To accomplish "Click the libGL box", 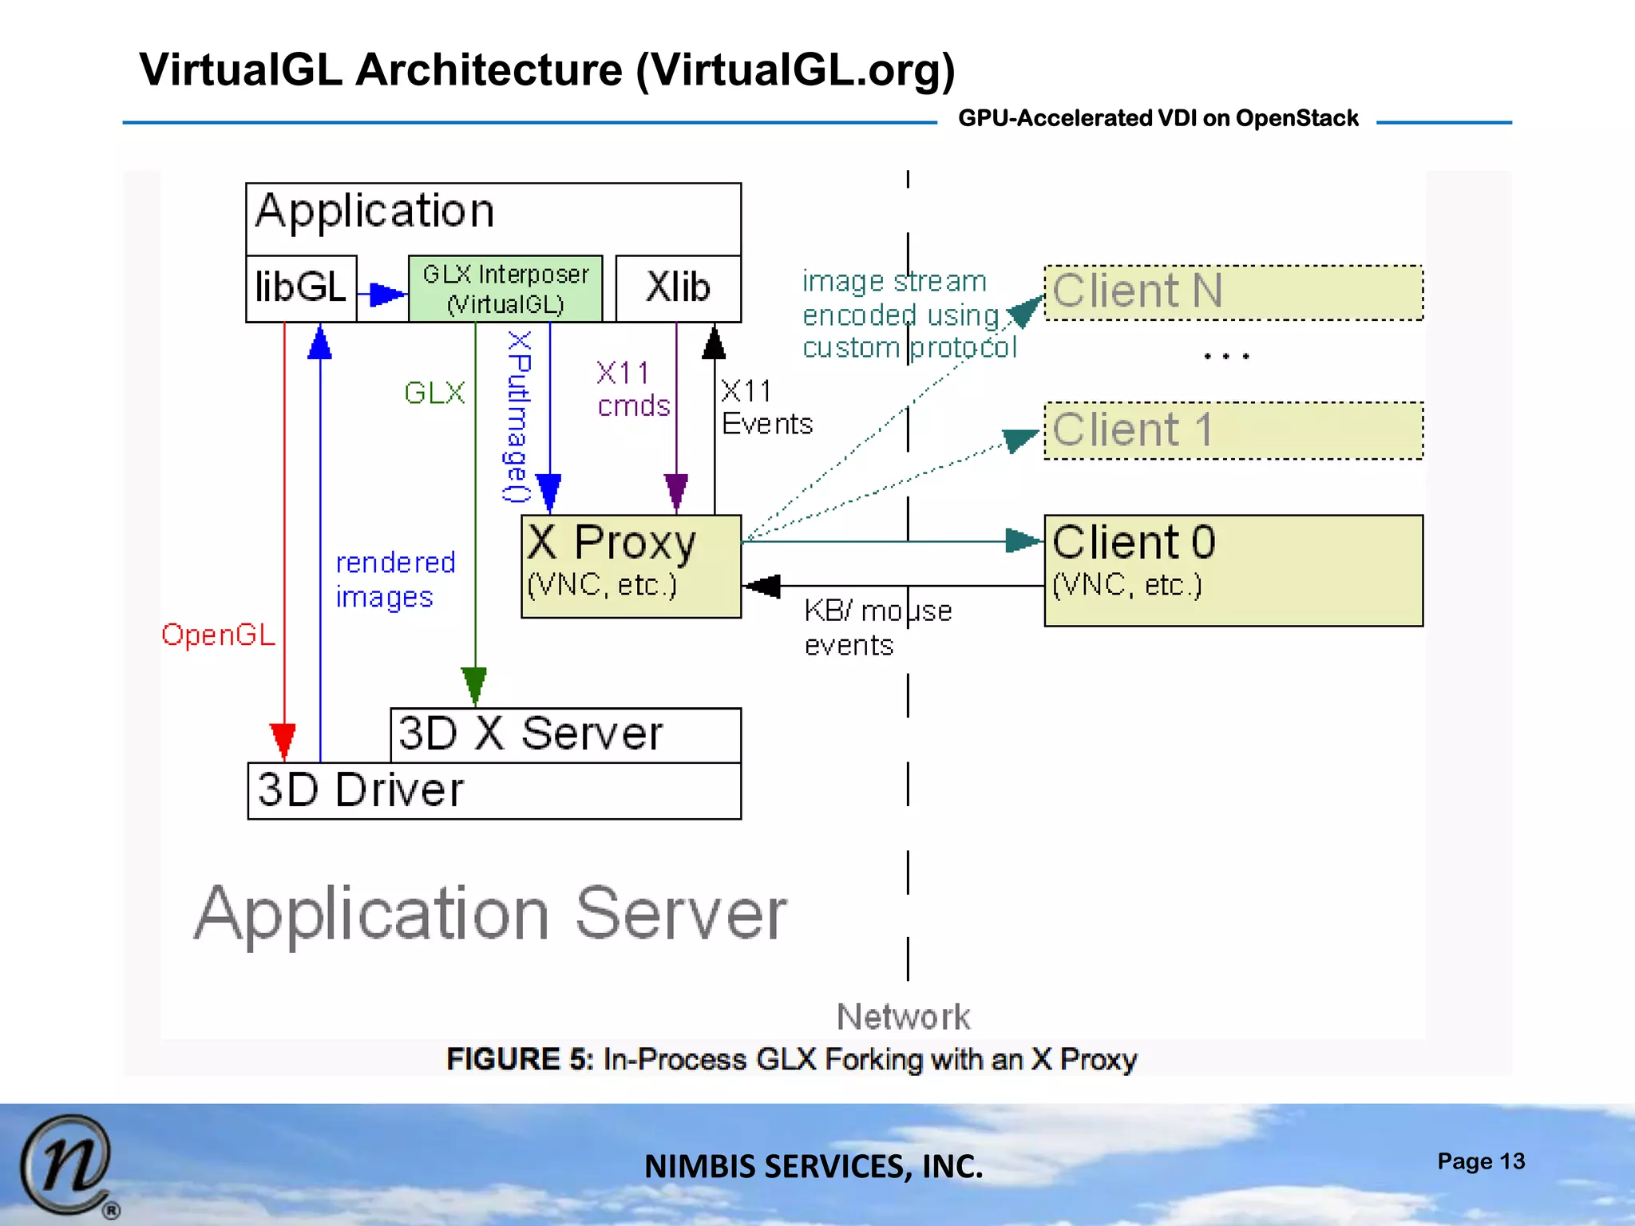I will pos(301,288).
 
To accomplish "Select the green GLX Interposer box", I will pos(505,289).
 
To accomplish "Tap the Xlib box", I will pos(679,288).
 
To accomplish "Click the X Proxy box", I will pos(631,566).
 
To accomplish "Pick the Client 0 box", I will pos(1233,570).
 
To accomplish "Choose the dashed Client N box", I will pos(1233,292).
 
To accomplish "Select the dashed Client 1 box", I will pos(1233,430).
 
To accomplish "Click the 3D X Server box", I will pos(565,734).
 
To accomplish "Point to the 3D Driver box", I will pos(493,790).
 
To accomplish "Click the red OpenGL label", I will pos(218,635).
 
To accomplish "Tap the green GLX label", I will pos(434,393).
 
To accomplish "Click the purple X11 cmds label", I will pos(633,390).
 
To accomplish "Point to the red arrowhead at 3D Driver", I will pos(283,740).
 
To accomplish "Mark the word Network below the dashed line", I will pos(903,1017).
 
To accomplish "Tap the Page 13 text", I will pos(1480,1161).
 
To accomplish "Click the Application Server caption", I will pos(490,914).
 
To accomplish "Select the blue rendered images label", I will pos(395,580).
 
